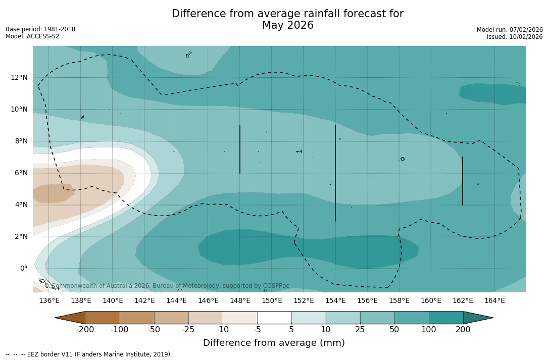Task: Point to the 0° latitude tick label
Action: click(x=24, y=268)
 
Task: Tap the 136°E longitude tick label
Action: click(x=49, y=301)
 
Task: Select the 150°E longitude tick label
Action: click(x=272, y=301)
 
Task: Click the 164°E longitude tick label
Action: click(x=494, y=301)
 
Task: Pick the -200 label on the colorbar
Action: click(x=85, y=330)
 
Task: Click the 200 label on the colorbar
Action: click(x=463, y=330)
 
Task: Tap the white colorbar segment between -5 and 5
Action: click(x=274, y=318)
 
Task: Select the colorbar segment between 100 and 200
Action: click(x=446, y=318)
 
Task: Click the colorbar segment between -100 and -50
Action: click(x=137, y=318)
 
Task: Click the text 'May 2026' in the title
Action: click(x=287, y=26)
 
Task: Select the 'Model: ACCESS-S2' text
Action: click(x=32, y=36)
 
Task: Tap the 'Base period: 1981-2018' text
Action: click(x=40, y=29)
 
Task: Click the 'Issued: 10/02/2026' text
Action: click(x=514, y=37)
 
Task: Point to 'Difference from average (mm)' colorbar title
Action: click(x=274, y=343)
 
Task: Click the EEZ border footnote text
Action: click(x=89, y=354)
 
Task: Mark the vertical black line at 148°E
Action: click(x=240, y=149)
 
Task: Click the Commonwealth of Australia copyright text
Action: click(x=167, y=286)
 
